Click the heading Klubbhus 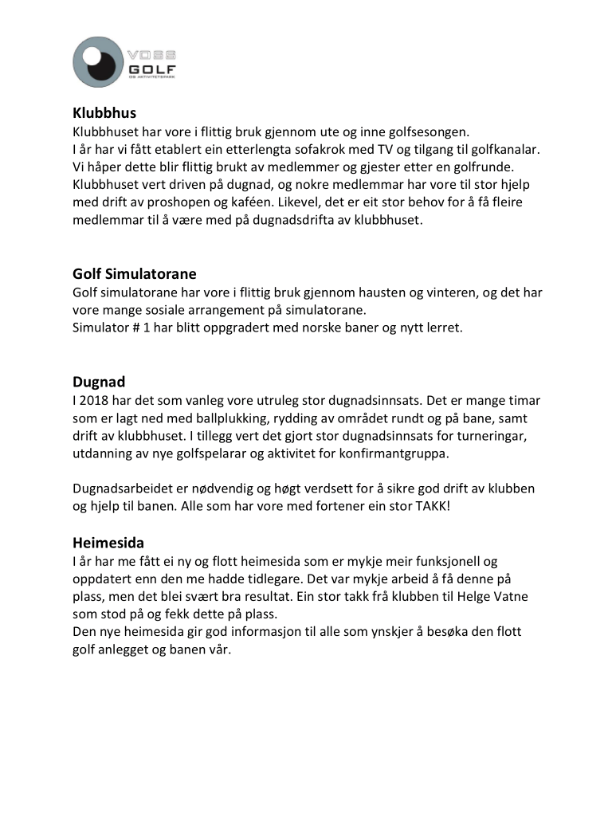104,113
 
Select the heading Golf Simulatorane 135,275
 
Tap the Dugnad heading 99,382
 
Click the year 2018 94,400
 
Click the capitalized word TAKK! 430,505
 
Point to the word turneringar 481,435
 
